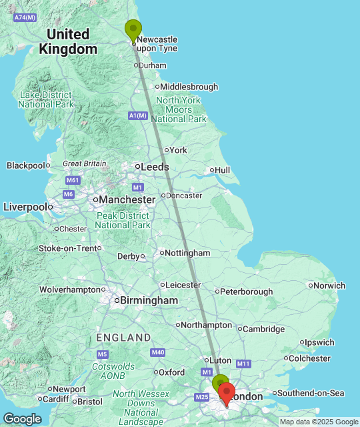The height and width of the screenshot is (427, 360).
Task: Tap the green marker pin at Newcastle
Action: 133,30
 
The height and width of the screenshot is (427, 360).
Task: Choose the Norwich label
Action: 330,286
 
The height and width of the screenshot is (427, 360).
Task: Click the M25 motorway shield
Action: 203,398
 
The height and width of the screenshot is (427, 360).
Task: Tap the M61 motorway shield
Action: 73,181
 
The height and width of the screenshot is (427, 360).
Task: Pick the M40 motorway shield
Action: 158,352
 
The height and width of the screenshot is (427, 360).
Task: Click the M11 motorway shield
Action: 243,364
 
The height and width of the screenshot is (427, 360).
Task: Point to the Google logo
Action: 22,419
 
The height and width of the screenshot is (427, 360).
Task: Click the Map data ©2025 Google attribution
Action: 319,422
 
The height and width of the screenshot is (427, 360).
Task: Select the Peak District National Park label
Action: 122,220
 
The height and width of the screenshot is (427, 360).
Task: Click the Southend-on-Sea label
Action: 311,393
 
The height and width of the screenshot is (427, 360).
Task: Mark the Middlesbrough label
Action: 190,87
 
